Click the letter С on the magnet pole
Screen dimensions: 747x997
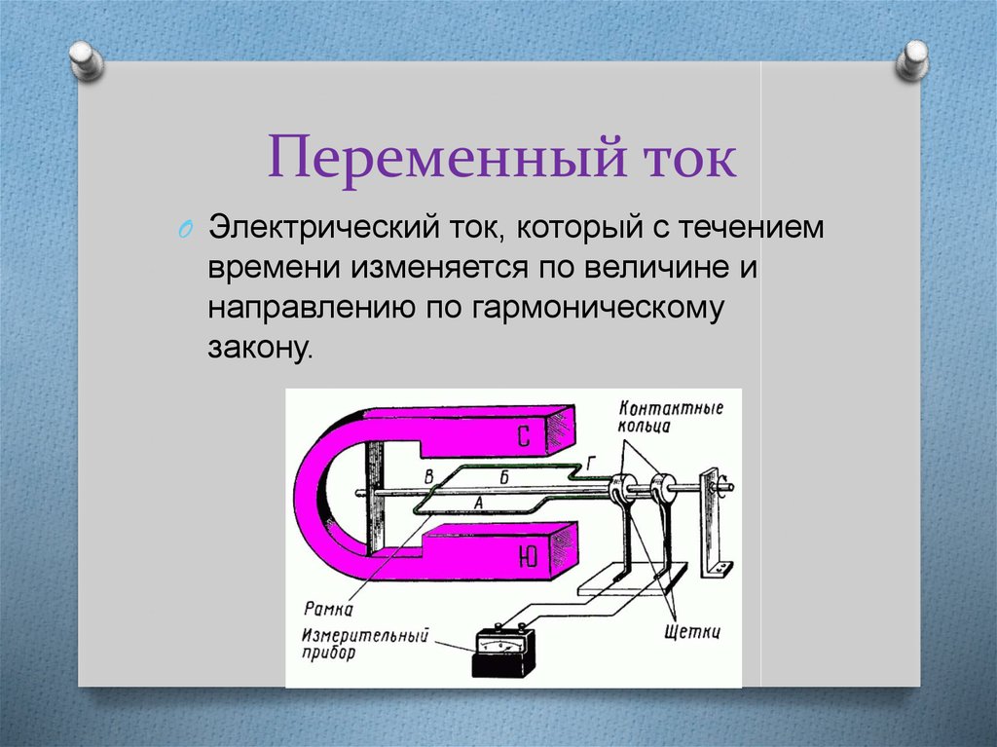click(523, 437)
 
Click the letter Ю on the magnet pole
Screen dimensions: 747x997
click(524, 557)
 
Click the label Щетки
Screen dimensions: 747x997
click(692, 633)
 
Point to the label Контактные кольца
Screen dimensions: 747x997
click(671, 418)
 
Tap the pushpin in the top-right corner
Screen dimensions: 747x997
click(911, 60)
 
